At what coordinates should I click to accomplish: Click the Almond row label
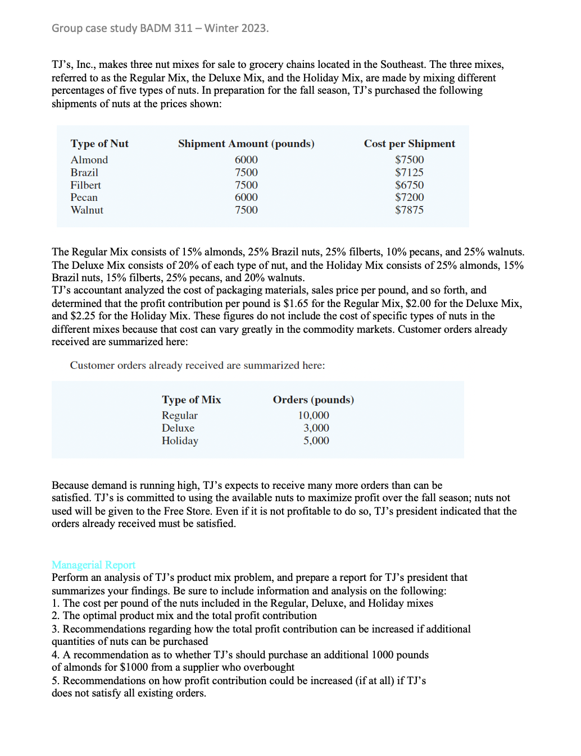(89, 160)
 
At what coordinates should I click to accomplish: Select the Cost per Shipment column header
(409, 144)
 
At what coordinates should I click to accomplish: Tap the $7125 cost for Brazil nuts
(409, 172)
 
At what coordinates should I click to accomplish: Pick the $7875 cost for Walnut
(409, 210)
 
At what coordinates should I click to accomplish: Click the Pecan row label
(84, 198)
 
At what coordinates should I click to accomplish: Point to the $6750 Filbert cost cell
(409, 185)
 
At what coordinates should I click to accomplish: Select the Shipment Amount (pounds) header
(246, 144)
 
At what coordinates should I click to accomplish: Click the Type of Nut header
(99, 144)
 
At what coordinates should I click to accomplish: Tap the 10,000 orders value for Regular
(314, 415)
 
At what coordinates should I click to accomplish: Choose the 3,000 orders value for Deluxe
(316, 428)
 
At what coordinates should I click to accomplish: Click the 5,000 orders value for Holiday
(316, 441)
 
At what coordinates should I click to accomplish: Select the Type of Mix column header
(191, 400)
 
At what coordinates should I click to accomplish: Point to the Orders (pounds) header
(314, 400)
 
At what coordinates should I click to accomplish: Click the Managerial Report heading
(93, 565)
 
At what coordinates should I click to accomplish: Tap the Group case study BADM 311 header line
(160, 28)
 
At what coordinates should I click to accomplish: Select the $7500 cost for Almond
(409, 160)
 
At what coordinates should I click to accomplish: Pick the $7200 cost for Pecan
(409, 198)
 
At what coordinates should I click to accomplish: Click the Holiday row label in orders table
(180, 441)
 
